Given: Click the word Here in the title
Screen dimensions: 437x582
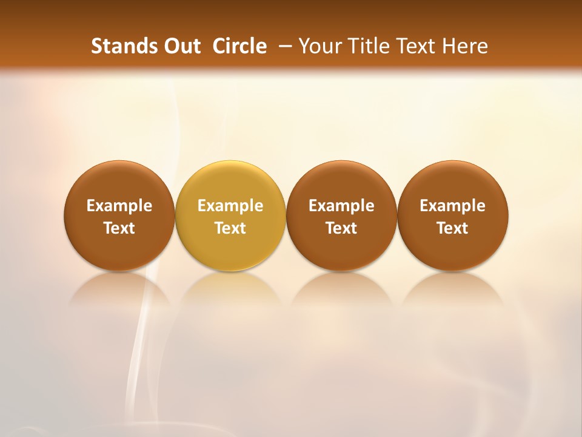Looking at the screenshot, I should point(463,46).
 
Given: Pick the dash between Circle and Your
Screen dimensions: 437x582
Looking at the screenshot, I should point(283,46).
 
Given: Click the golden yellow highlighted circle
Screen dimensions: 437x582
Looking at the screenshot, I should point(230,215).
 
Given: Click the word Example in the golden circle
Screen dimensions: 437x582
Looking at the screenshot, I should point(230,206).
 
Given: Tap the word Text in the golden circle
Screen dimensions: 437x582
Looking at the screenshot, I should point(230,228).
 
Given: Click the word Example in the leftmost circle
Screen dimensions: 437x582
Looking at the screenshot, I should point(119,206).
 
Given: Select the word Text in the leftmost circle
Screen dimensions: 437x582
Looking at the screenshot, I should point(119,228).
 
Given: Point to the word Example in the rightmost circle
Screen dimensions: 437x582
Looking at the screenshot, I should point(453,206).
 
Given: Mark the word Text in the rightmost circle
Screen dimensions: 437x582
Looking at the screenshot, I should point(453,228).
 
